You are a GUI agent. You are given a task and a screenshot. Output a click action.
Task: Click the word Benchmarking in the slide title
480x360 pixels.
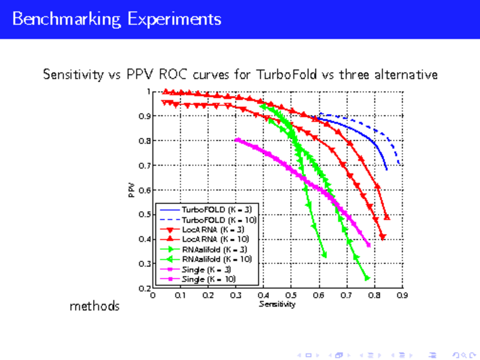[x=66, y=19]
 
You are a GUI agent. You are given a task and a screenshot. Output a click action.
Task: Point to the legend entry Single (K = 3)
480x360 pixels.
[x=204, y=269]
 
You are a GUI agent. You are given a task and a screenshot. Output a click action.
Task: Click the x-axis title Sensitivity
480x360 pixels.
[x=277, y=305]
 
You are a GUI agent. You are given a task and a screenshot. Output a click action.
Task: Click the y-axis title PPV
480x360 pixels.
[x=131, y=190]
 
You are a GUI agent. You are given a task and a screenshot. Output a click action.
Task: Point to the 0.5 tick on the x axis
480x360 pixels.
[x=291, y=296]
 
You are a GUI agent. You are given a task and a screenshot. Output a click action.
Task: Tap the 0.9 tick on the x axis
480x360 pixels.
[x=402, y=296]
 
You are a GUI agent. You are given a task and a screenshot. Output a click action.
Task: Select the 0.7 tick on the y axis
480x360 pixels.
[x=144, y=166]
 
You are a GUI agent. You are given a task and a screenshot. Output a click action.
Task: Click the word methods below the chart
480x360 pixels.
[x=95, y=307]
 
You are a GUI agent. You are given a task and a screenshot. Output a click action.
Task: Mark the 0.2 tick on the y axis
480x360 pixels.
[x=144, y=288]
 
